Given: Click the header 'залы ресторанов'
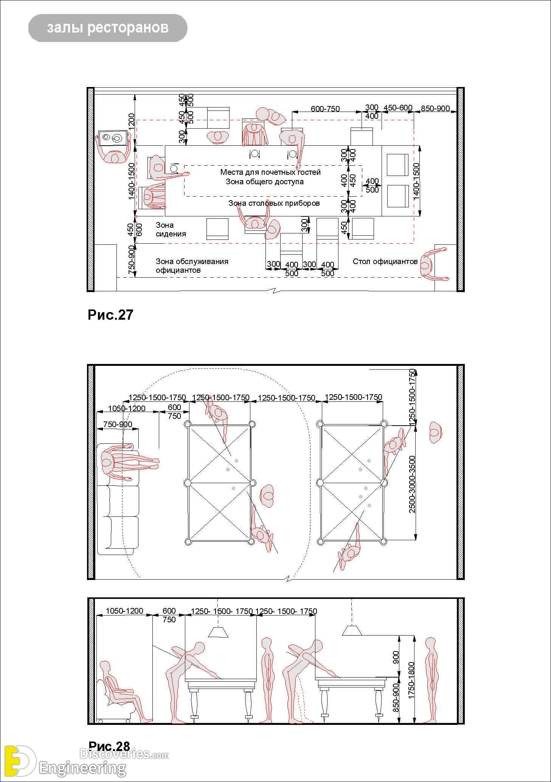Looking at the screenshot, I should tap(108, 28).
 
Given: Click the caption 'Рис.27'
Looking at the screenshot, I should tap(110, 315).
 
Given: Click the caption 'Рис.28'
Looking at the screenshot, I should tap(109, 746).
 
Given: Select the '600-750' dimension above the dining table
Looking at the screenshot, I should tap(325, 109).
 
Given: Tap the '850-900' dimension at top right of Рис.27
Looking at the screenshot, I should tap(435, 109).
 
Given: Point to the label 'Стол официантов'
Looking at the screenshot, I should tap(385, 261).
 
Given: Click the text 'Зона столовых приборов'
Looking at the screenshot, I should tap(274, 203).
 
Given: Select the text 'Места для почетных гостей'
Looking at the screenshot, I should tap(270, 172).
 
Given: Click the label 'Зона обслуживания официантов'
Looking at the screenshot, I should tap(192, 266).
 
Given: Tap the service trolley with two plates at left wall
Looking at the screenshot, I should tap(112, 138).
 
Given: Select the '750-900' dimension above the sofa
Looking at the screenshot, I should tap(118, 424).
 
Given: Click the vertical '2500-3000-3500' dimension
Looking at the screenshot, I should tap(412, 484).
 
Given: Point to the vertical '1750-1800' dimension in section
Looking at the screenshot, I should tap(411, 680).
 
